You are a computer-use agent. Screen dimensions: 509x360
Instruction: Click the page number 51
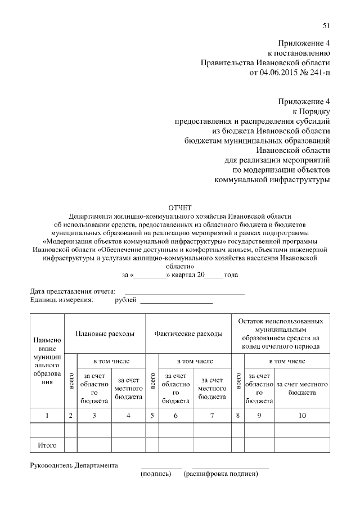326,25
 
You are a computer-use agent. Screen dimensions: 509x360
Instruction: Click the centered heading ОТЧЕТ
180,208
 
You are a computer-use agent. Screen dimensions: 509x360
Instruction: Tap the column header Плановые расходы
105,334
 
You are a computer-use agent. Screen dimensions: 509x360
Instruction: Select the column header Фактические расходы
188,334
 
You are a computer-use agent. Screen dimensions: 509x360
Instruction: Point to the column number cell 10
302,416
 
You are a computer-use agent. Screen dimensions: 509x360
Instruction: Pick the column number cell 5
152,416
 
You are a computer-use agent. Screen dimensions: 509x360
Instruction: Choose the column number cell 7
212,416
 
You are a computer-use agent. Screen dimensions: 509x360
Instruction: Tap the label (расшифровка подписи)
220,474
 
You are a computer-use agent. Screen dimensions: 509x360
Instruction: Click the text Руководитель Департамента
74,466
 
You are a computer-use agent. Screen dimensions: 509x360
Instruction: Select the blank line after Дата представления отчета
184,292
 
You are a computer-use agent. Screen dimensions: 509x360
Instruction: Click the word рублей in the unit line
125,300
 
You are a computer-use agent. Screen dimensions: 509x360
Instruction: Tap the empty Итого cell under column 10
302,445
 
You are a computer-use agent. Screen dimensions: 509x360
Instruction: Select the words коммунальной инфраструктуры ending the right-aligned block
272,180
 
